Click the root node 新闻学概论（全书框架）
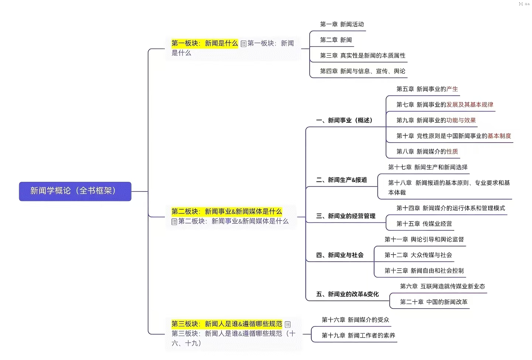[x=75, y=191]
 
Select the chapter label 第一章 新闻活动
[x=342, y=24]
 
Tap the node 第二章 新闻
[x=336, y=40]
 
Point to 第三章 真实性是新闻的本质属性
[x=362, y=55]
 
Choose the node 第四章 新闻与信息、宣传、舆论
[x=362, y=71]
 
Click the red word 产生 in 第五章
[x=452, y=89]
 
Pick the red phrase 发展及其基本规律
[x=470, y=105]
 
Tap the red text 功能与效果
[x=461, y=120]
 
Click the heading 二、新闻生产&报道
[x=341, y=180]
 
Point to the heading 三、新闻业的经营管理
[x=345, y=216]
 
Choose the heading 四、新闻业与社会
[x=340, y=255]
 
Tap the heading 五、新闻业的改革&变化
[x=347, y=294]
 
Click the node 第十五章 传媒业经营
[x=424, y=224]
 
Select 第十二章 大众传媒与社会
[x=418, y=255]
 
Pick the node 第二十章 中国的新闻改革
[x=434, y=302]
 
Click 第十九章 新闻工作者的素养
[x=358, y=335]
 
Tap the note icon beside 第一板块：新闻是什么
[x=243, y=44]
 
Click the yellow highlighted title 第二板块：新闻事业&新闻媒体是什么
[x=226, y=211]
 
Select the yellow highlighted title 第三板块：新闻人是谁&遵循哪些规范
[x=226, y=324]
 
